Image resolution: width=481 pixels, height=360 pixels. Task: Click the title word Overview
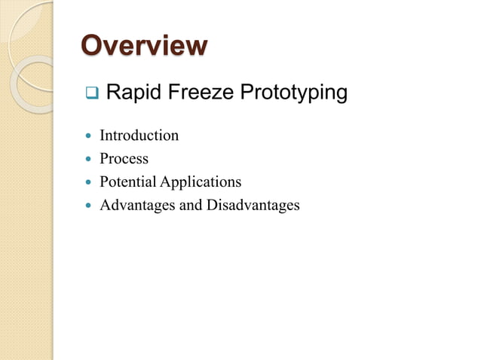tap(143, 45)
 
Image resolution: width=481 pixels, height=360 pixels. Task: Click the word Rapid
tap(130, 93)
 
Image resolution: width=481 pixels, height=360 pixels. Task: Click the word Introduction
tap(139, 136)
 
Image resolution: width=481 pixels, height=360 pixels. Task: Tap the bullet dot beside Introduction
tap(90, 136)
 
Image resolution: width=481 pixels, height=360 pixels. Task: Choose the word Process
tap(124, 159)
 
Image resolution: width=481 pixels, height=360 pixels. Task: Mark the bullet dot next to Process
tap(90, 160)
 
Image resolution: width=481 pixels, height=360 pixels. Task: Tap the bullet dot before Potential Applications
tap(90, 182)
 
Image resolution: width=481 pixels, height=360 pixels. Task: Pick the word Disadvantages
tap(253, 205)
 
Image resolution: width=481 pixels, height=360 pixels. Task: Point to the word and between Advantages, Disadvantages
tap(189, 205)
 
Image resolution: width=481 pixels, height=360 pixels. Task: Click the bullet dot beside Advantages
tap(90, 206)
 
